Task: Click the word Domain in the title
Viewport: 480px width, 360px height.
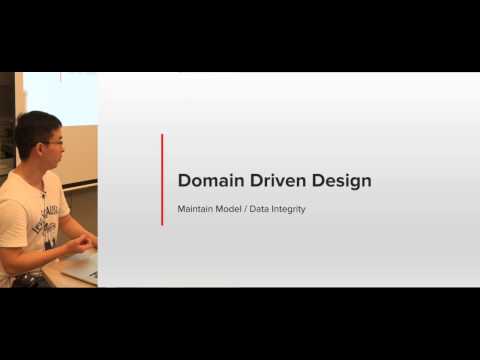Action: (x=209, y=181)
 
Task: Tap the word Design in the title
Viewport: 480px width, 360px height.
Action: (x=339, y=181)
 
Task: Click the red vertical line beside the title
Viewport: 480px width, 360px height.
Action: (x=162, y=180)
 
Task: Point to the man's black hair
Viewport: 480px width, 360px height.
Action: (x=34, y=125)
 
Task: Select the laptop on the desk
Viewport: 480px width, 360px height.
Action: (x=81, y=267)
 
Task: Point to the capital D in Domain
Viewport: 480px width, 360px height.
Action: (x=185, y=181)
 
